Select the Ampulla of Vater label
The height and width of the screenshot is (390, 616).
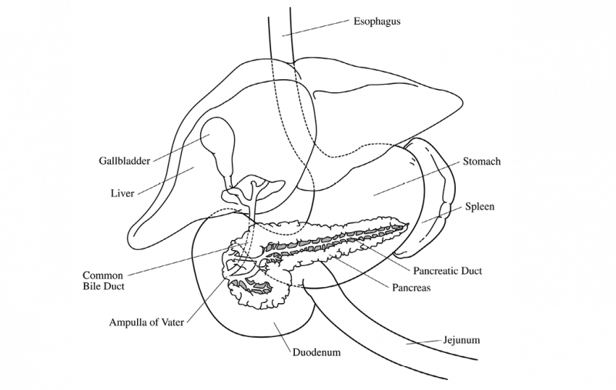(147, 321)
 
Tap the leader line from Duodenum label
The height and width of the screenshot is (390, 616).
(281, 336)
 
